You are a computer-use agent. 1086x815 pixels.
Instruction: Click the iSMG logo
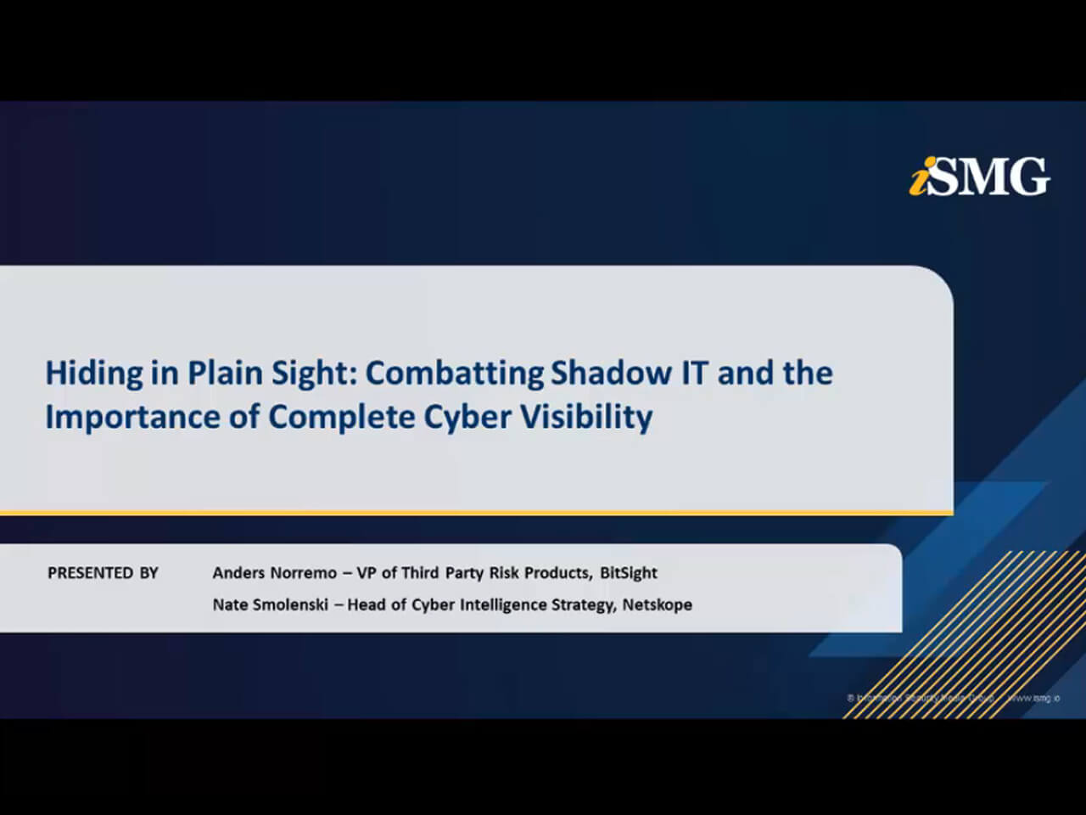click(980, 177)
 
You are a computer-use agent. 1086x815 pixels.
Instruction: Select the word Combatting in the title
click(455, 374)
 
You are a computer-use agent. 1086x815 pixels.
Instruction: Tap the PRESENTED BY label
click(103, 573)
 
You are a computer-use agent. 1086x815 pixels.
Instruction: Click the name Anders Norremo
click(274, 573)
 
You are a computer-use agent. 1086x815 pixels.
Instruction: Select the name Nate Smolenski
click(270, 604)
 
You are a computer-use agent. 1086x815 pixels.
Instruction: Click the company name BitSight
click(629, 573)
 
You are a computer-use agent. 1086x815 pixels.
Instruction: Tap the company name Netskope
click(658, 604)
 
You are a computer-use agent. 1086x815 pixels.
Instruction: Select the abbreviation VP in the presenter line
click(367, 573)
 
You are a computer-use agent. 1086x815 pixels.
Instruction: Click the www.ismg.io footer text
click(1033, 698)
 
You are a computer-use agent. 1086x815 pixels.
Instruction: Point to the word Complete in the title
click(341, 418)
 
